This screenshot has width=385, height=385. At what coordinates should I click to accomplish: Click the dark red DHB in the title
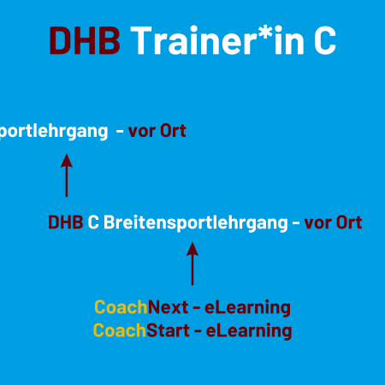point(85,40)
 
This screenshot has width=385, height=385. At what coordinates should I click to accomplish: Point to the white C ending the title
point(325,40)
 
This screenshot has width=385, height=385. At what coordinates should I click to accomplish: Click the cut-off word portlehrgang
point(54,132)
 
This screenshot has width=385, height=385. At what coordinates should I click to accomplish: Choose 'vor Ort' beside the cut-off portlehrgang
point(157,131)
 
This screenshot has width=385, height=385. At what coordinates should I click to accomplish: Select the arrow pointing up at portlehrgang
point(67,175)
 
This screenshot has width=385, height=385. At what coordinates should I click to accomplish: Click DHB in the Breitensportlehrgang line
point(66,222)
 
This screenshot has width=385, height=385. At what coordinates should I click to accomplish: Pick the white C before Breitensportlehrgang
point(93,222)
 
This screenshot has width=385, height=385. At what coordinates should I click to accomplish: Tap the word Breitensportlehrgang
point(196,223)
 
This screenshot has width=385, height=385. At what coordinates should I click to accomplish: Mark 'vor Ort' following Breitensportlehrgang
point(333,222)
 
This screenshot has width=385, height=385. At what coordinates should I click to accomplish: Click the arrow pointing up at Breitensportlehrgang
point(192,264)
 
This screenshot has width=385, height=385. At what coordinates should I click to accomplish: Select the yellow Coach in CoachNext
point(121,307)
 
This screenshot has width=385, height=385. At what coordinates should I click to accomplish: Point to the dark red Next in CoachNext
point(168,307)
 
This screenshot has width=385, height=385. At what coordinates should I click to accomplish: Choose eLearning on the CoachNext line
point(247,308)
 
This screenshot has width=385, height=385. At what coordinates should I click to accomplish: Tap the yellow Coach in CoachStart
point(120,330)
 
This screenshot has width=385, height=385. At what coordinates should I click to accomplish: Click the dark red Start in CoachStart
point(168,330)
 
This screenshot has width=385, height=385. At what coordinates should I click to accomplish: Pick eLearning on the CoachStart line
point(249,331)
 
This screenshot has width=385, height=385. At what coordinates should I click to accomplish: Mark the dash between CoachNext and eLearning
point(197,308)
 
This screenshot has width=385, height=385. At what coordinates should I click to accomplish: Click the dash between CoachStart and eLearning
point(198,331)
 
